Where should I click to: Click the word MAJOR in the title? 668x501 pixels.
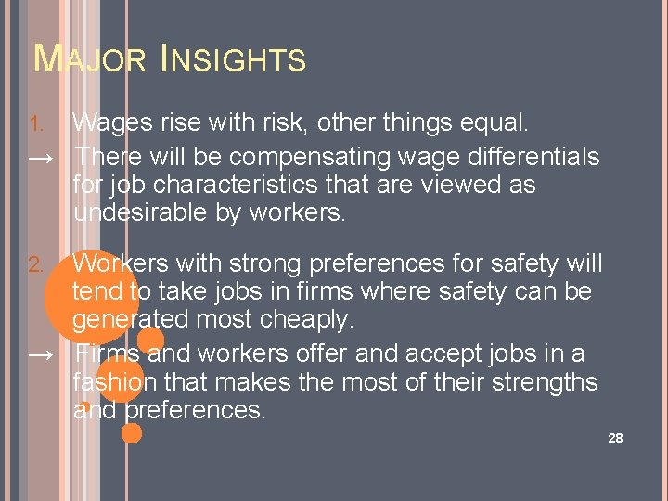coord(90,60)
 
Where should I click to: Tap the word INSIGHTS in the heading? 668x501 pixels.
coord(233,60)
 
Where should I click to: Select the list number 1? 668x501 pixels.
coord(36,124)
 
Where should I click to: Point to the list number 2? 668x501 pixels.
coord(36,265)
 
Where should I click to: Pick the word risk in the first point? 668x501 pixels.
coord(266,122)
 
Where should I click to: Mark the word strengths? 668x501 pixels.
coord(538,382)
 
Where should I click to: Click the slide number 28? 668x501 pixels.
coord(615,437)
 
